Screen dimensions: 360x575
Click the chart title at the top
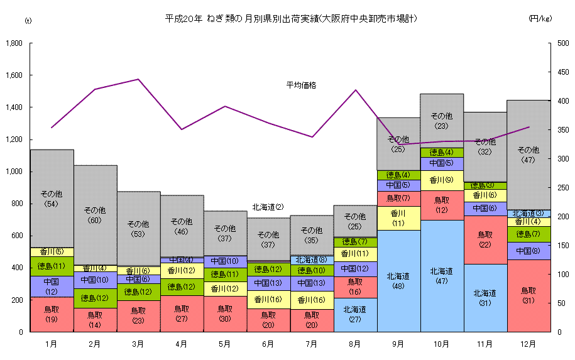(291, 19)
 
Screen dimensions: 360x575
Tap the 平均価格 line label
(301, 85)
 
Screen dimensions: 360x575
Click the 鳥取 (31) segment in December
(528, 295)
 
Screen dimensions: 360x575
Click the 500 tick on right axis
(561, 43)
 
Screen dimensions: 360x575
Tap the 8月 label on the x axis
(355, 344)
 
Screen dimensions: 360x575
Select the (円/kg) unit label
(540, 19)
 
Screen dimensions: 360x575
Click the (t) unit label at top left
(28, 20)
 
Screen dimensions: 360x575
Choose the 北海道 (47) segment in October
(442, 276)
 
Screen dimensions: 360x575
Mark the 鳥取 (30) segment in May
(225, 314)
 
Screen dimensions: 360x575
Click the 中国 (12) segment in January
(52, 286)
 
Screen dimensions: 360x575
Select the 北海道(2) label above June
(268, 207)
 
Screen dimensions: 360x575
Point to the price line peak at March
(138, 79)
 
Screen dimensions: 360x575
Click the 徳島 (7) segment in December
(528, 234)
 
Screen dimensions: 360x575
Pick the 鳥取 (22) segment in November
(485, 239)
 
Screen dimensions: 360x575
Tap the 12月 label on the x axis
(528, 344)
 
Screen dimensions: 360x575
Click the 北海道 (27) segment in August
(355, 314)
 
